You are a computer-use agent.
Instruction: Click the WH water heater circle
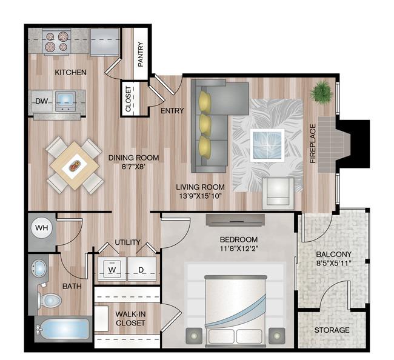click(41, 228)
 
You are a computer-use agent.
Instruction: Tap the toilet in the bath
click(50, 300)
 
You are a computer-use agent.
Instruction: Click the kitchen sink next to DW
click(65, 101)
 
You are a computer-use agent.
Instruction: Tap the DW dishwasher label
click(41, 101)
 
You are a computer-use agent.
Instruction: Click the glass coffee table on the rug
click(267, 145)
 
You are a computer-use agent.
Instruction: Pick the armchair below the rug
click(278, 193)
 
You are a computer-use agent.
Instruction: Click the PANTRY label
click(141, 55)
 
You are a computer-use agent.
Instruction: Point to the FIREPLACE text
click(313, 144)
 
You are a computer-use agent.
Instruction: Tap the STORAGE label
click(332, 330)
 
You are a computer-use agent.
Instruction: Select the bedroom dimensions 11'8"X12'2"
click(239, 248)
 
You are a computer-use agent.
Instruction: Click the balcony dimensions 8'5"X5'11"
click(333, 263)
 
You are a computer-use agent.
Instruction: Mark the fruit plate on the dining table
click(75, 166)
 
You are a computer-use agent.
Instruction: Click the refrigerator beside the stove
click(105, 42)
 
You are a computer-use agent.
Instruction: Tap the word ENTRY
click(172, 110)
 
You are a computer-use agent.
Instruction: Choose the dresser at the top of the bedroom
click(235, 220)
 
